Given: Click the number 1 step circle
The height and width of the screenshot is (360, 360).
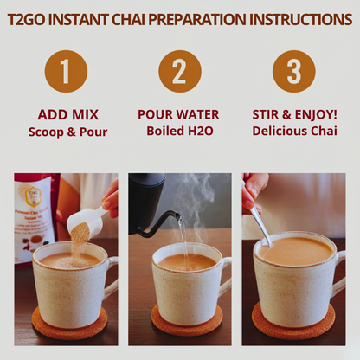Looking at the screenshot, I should [66, 71].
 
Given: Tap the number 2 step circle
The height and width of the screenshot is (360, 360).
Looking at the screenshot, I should [179, 71].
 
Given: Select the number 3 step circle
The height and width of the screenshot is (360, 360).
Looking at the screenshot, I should [293, 71].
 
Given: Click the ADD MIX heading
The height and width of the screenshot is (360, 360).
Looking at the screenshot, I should [67, 114].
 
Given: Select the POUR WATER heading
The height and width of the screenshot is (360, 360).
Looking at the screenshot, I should [179, 114].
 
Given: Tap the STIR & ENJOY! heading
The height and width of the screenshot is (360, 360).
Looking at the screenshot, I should [294, 114].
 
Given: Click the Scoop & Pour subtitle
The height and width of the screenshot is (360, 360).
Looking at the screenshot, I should [67, 131].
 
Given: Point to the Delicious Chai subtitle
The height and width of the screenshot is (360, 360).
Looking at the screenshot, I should [294, 131].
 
